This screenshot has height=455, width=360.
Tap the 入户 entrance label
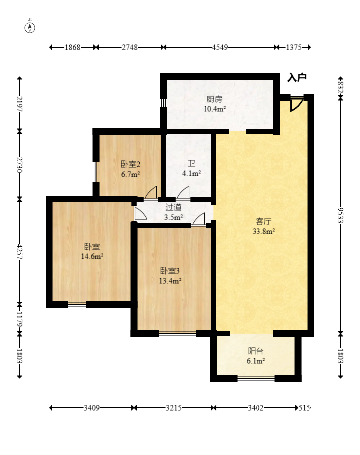point(297,77)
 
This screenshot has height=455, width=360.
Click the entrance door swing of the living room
point(297,105)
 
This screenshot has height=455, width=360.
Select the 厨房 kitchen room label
point(214,99)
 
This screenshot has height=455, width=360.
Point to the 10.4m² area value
point(215,109)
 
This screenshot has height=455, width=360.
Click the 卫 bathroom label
point(191,164)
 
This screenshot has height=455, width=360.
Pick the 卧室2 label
point(131,164)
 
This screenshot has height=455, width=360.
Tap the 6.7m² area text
point(131,174)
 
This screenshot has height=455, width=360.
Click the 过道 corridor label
point(174,207)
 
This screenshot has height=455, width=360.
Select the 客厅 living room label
point(263,221)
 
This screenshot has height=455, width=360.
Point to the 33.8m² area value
point(263,231)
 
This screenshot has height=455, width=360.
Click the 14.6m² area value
point(92,256)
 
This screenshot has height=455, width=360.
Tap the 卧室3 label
point(170,271)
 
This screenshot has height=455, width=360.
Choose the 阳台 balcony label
point(256,351)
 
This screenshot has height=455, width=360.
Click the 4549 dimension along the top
point(220,47)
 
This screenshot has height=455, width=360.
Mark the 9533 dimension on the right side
point(341,215)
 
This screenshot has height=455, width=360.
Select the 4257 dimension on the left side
point(19,252)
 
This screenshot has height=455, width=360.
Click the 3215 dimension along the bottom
point(174,408)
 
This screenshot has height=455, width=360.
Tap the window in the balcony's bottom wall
point(256,378)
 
